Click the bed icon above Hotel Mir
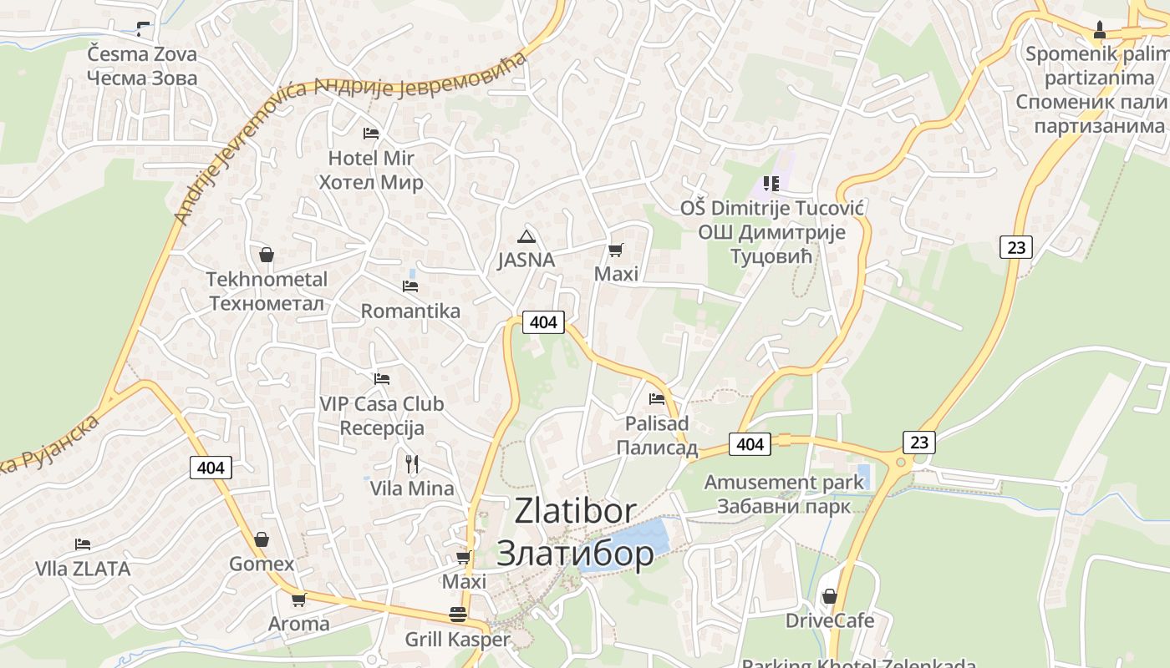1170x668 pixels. click(371, 134)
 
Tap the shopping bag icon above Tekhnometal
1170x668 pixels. click(267, 255)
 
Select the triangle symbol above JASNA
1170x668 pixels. click(526, 235)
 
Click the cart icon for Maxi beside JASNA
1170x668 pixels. click(616, 250)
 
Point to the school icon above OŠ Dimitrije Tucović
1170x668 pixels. click(771, 183)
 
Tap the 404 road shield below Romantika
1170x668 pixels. click(543, 322)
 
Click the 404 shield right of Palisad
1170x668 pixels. click(750, 444)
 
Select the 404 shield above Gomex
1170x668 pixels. click(211, 468)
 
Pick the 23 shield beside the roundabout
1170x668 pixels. click(918, 443)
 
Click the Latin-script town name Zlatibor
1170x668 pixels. click(575, 510)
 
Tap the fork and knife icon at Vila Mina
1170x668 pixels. click(411, 464)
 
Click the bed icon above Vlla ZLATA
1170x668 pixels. click(82, 544)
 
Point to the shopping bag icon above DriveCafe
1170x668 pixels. click(829, 596)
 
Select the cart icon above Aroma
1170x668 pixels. click(298, 600)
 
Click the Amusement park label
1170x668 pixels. click(784, 483)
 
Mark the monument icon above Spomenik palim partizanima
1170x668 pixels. click(1100, 31)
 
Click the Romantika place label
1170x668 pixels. click(410, 311)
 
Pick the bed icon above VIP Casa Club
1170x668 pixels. click(382, 379)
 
